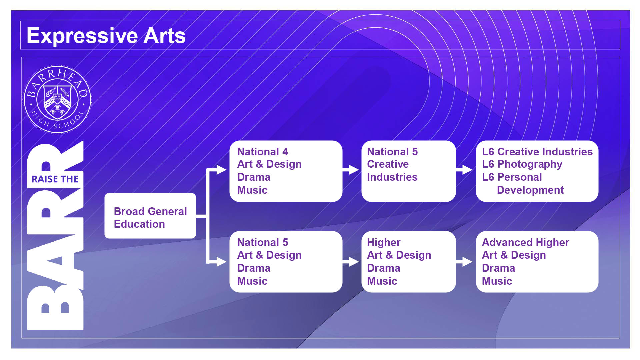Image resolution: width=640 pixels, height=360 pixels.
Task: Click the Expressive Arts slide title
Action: point(106,36)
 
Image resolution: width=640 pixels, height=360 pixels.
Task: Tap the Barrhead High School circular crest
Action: point(57,99)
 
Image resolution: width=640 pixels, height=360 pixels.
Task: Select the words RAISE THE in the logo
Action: point(55,179)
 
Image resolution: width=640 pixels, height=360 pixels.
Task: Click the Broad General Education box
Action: point(150,216)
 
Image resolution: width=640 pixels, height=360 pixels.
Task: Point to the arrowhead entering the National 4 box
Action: point(222,170)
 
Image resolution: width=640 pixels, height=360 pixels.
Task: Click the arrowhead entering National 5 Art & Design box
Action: point(222,261)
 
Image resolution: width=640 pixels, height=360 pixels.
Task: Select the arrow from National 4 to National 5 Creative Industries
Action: point(351,170)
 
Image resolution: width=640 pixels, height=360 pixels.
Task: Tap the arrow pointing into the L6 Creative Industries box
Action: point(464,170)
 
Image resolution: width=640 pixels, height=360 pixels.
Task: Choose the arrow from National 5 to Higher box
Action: point(351,262)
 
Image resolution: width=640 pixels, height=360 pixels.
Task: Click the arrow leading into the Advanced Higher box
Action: point(464,262)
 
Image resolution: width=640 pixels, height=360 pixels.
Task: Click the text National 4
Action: point(263,152)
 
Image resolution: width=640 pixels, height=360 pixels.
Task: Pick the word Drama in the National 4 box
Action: point(254,177)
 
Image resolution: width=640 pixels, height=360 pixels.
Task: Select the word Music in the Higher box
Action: point(382,281)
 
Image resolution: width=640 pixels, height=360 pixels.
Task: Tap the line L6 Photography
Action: point(522,164)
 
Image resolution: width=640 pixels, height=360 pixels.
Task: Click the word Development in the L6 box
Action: point(530,190)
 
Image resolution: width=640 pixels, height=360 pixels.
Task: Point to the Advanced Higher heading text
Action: point(525,242)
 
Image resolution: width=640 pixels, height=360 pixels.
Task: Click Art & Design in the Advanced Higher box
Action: point(514,255)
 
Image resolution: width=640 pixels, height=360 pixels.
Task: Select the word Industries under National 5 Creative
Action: point(392,177)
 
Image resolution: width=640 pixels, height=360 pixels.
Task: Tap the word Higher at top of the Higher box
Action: point(384,242)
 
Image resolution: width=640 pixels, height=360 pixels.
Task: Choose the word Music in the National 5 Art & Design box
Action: point(252,281)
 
